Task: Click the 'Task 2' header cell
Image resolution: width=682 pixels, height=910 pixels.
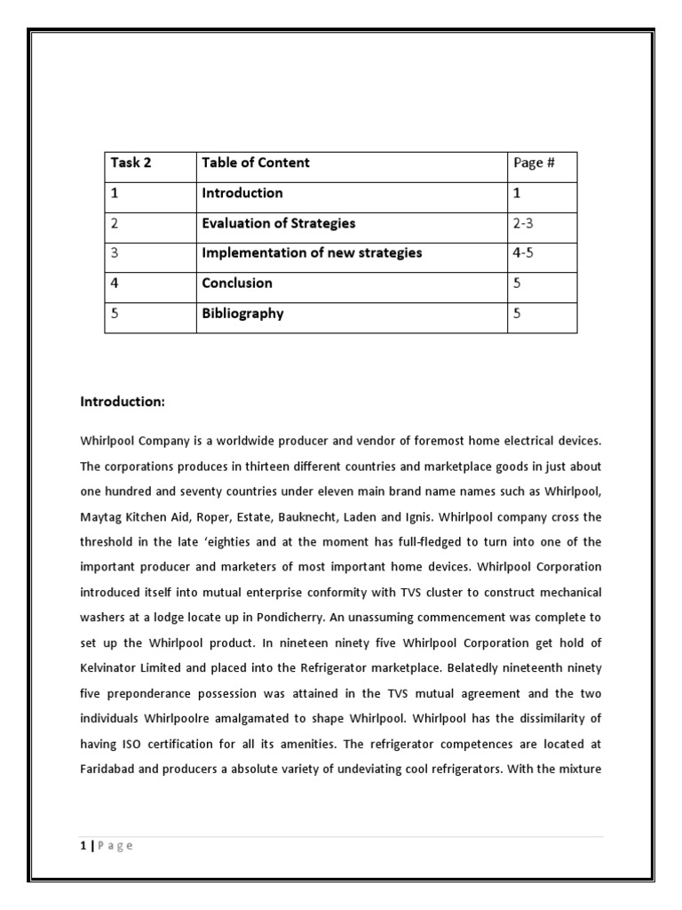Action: tap(131, 163)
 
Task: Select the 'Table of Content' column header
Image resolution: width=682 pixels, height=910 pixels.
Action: tap(256, 163)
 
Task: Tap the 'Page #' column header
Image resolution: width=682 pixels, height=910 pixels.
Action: tap(533, 163)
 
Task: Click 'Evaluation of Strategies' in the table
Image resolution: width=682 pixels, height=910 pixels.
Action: tap(278, 223)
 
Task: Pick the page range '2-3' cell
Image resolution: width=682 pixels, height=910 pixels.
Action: tap(523, 223)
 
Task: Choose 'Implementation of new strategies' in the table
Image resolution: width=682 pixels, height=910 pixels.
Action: tap(312, 253)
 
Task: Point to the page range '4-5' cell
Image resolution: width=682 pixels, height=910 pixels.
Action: tap(523, 253)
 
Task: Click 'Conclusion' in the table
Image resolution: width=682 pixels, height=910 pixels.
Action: tap(237, 283)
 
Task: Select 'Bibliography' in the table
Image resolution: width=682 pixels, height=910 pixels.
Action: tap(242, 314)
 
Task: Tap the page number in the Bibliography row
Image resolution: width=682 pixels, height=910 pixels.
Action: tap(518, 314)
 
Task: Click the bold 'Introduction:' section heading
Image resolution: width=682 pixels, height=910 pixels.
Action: tap(123, 403)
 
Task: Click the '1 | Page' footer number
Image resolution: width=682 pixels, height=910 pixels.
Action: tap(83, 845)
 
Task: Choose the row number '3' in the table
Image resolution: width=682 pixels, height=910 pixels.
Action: tap(115, 253)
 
